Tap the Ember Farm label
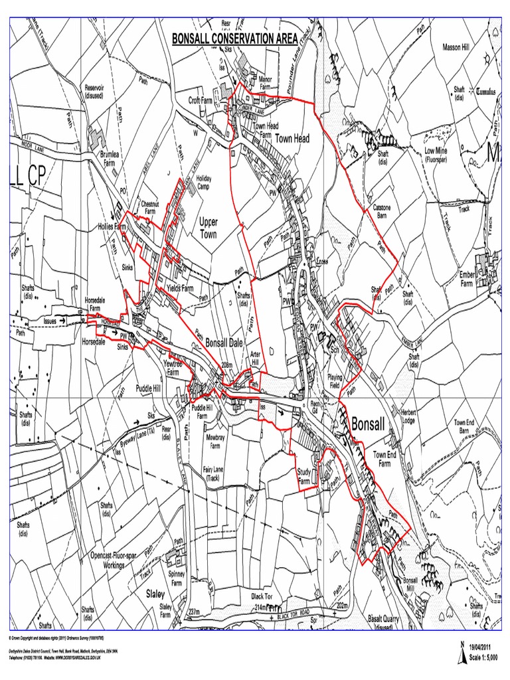tap(471, 278)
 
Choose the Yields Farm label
tap(179, 289)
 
